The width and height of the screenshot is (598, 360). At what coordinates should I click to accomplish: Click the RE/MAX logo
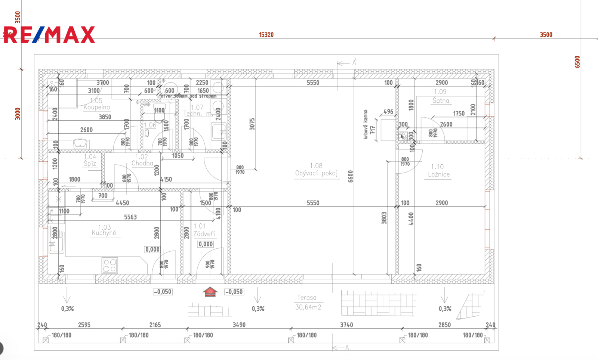(x=49, y=35)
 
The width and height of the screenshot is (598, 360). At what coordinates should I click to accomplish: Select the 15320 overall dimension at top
(x=266, y=35)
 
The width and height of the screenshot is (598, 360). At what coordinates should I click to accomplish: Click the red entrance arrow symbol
(x=210, y=292)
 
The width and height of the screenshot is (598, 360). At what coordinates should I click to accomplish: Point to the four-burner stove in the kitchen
(x=110, y=265)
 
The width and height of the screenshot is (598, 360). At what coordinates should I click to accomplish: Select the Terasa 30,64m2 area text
(x=308, y=302)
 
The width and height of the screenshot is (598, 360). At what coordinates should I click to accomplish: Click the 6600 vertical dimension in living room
(x=350, y=176)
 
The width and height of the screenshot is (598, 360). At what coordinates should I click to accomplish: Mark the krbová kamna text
(x=366, y=124)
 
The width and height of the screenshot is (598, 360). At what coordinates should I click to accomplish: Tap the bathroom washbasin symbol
(x=81, y=143)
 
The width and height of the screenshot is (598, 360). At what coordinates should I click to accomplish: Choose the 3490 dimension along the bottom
(x=239, y=325)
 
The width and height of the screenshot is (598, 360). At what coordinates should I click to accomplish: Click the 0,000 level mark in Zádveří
(x=206, y=244)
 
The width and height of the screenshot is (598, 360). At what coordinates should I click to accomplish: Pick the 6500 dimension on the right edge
(x=577, y=62)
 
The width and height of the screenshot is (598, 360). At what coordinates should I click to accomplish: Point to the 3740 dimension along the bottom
(x=346, y=325)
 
